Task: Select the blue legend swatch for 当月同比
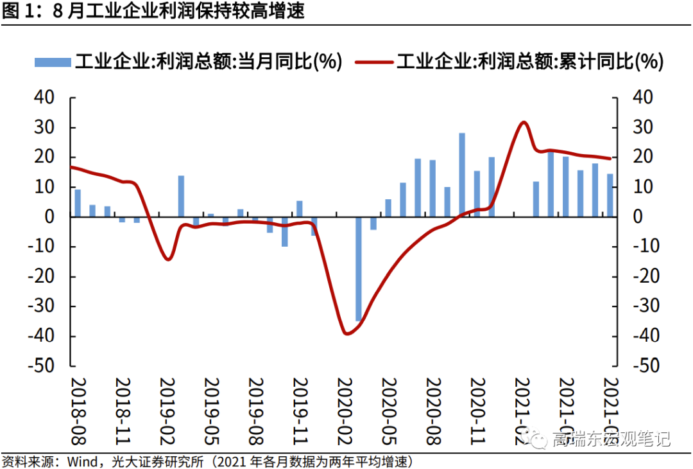coord(52,62)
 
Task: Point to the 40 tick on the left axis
coord(44,98)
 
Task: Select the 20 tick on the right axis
coord(645,157)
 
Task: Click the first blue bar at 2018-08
coord(78,203)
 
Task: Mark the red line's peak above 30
coord(524,122)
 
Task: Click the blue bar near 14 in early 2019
coord(181,196)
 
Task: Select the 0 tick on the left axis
coord(52,217)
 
